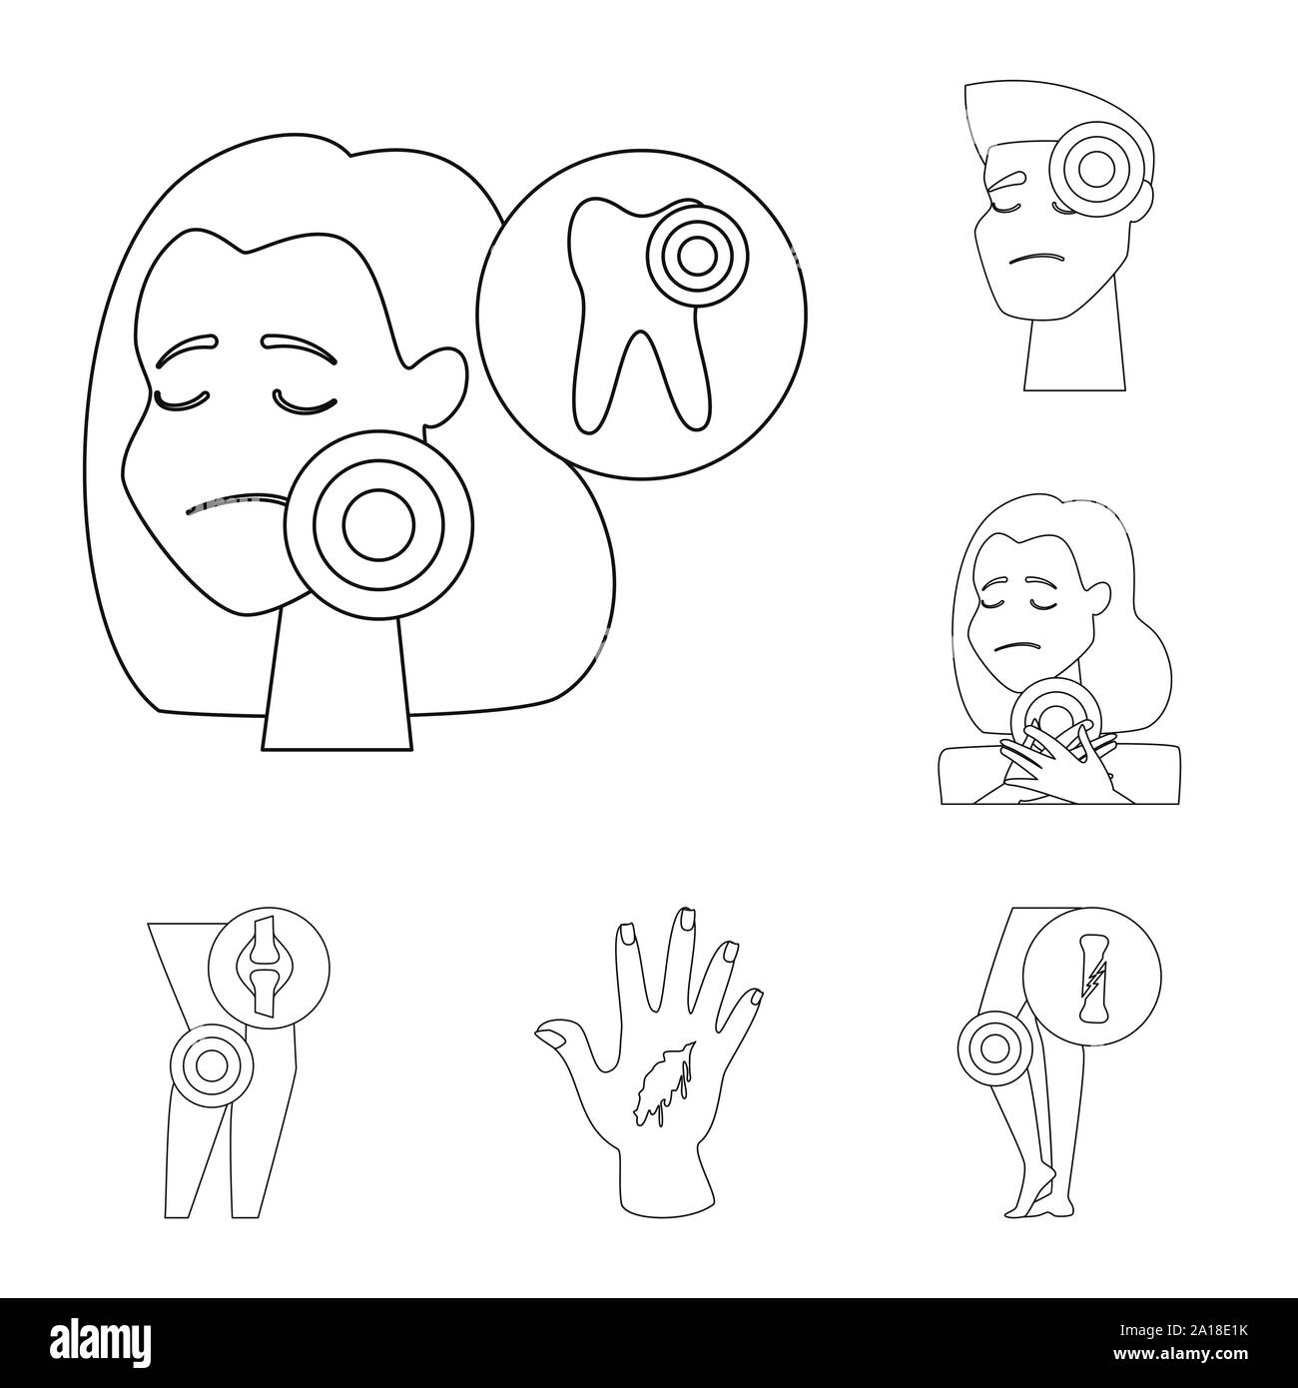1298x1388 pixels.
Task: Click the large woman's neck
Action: point(337,679)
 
